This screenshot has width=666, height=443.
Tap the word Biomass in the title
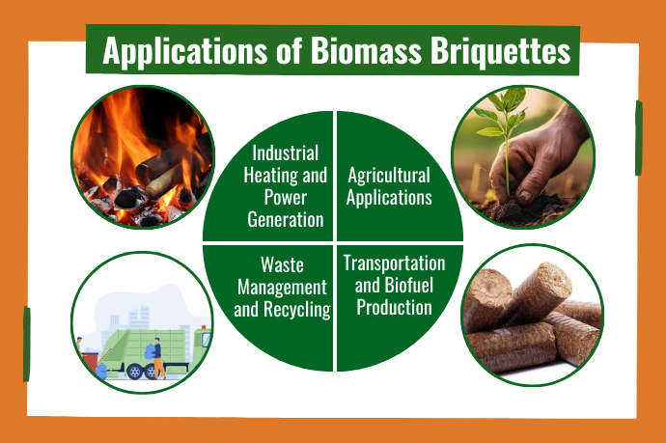(366, 50)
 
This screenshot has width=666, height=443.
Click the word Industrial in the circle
(285, 152)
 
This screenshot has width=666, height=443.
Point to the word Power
(285, 198)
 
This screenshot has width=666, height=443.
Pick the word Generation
(285, 220)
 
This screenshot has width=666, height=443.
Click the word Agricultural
(389, 176)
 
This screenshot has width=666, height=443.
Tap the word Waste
(282, 265)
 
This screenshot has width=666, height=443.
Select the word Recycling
(297, 310)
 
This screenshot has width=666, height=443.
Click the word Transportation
(394, 263)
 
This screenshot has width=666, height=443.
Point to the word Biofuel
(408, 286)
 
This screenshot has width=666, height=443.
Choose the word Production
(394, 308)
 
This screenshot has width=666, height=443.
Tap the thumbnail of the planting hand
(523, 157)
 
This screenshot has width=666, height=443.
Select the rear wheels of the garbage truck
(143, 372)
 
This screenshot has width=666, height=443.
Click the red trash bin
(91, 363)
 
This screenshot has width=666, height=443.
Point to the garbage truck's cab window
(206, 340)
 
